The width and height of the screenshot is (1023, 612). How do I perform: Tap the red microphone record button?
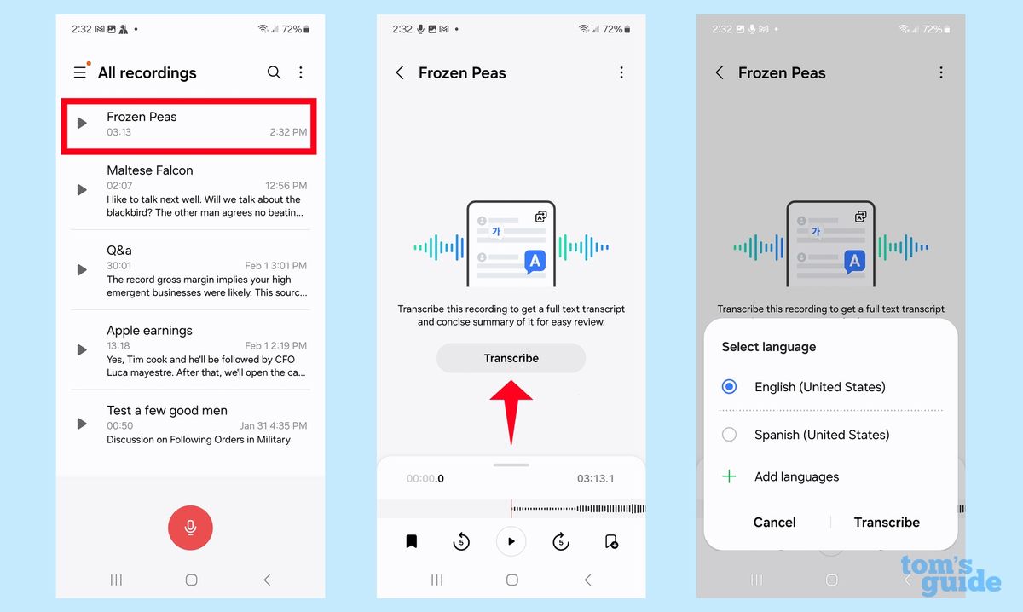pos(190,528)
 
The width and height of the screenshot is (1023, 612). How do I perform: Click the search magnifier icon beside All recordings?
pos(274,73)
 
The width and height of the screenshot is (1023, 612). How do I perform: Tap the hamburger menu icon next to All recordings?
pos(80,73)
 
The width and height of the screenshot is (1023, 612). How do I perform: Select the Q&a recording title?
pos(119,251)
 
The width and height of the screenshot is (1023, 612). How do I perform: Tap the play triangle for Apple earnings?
pos(82,349)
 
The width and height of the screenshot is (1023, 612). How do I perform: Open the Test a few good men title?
pos(167,411)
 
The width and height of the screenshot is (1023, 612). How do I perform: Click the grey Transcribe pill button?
pos(511,359)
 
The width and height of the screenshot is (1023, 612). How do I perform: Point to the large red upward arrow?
pos(511,409)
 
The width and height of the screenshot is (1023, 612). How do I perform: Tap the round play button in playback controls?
pos(511,541)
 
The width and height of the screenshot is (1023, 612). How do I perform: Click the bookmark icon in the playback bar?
pos(411,541)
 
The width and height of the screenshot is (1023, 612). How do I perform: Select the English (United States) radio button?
pos(729,387)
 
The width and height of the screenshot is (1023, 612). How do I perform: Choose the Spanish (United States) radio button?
pos(729,435)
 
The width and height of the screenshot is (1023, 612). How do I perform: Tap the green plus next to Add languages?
pos(729,477)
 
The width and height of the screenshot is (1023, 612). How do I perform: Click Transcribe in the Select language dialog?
pos(887,523)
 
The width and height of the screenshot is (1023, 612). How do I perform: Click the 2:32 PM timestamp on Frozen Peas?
pos(286,132)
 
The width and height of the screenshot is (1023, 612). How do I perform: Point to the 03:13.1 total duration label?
pos(595,479)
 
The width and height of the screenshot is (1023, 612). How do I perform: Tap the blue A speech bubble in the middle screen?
pos(535,262)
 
